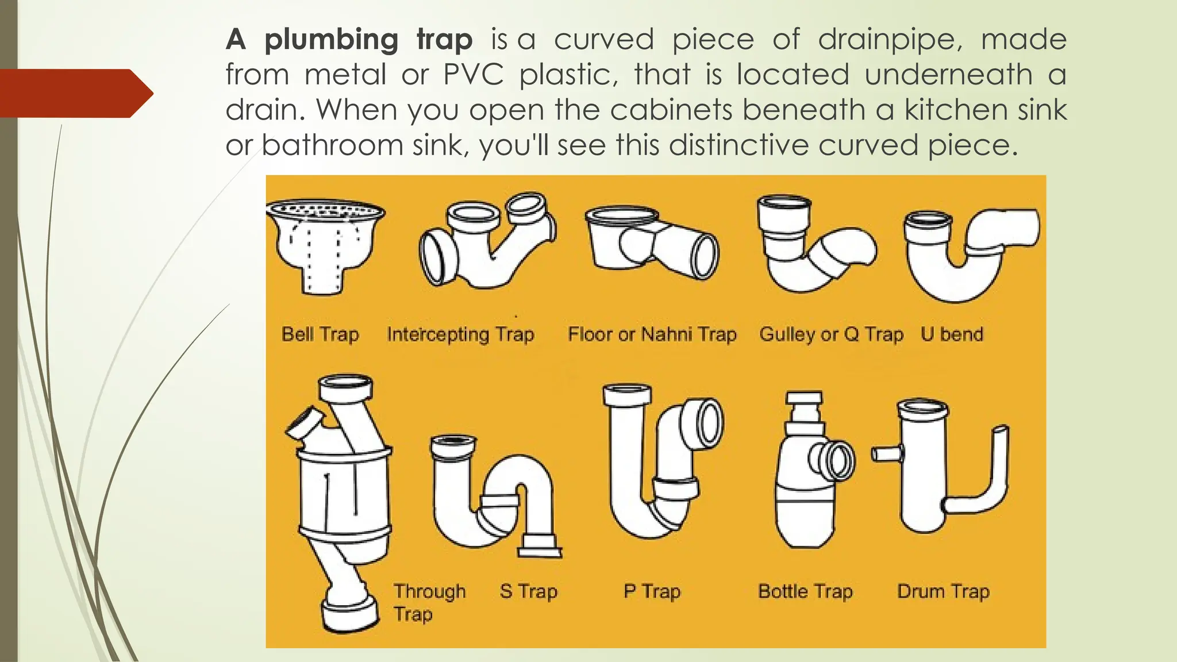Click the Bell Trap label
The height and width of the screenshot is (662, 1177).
pos(320,334)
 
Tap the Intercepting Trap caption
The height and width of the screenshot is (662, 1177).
pos(460,334)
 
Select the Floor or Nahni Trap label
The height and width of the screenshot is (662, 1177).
pos(652,334)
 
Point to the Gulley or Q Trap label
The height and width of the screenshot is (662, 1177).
pos(831,334)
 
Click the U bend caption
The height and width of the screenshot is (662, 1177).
pos(952,334)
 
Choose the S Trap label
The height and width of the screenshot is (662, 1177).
pos(528,591)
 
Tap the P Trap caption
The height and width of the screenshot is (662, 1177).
pos(652,591)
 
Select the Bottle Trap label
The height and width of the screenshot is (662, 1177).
pos(805,591)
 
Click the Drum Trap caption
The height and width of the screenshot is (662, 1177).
pos(943,591)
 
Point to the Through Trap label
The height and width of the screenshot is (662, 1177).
pos(429,602)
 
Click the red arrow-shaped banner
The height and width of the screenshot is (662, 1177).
pos(75,93)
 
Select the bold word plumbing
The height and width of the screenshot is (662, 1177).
pos(331,40)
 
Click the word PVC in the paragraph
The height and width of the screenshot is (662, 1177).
pos(474,75)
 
